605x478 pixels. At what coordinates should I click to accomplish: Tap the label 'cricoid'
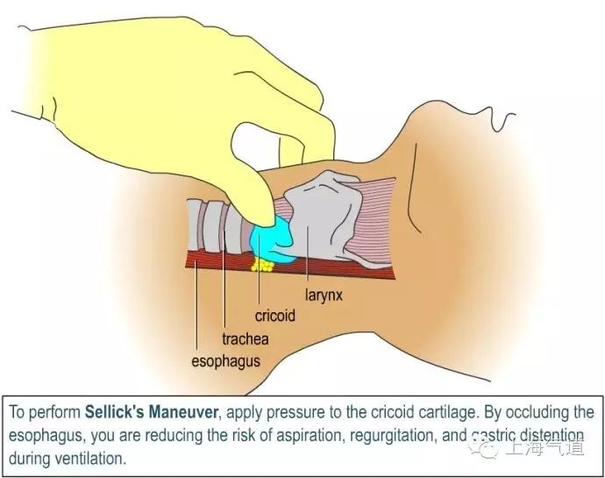click(x=274, y=315)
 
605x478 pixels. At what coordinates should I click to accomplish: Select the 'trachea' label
click(x=245, y=338)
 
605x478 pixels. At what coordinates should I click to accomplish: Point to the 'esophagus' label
click(x=225, y=360)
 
